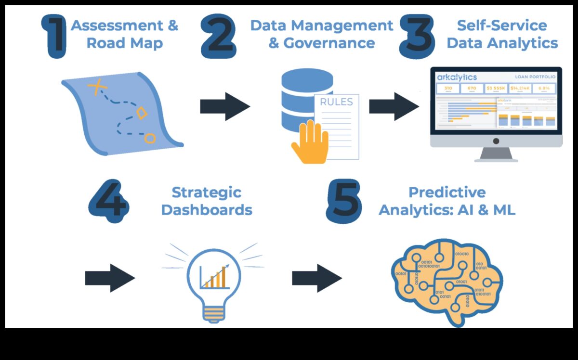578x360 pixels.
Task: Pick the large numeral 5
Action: [x=343, y=201]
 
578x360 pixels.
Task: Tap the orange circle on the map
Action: [x=150, y=139]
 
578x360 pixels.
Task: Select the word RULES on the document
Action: [x=336, y=102]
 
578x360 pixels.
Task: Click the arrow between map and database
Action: [x=224, y=106]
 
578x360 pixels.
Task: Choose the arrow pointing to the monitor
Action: [x=394, y=106]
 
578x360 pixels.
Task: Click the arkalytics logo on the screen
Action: [x=457, y=77]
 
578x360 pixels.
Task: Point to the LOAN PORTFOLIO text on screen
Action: [x=535, y=77]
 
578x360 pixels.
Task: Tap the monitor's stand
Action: [x=496, y=154]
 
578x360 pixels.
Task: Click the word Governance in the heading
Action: [x=328, y=43]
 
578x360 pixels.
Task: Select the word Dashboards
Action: [x=207, y=210]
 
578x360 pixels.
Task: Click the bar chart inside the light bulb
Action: [x=215, y=278]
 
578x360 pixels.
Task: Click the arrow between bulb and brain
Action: [x=316, y=278]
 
